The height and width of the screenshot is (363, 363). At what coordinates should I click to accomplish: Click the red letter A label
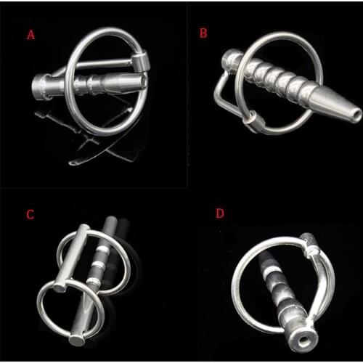(30, 34)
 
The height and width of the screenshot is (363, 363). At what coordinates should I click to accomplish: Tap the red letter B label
(203, 33)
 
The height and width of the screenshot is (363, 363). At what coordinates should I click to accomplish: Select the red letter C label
(30, 214)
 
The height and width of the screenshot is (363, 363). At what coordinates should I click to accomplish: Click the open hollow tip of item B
(355, 115)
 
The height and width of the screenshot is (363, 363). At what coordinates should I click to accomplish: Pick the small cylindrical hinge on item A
(142, 61)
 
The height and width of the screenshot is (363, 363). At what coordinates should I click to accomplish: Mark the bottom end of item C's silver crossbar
(76, 339)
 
